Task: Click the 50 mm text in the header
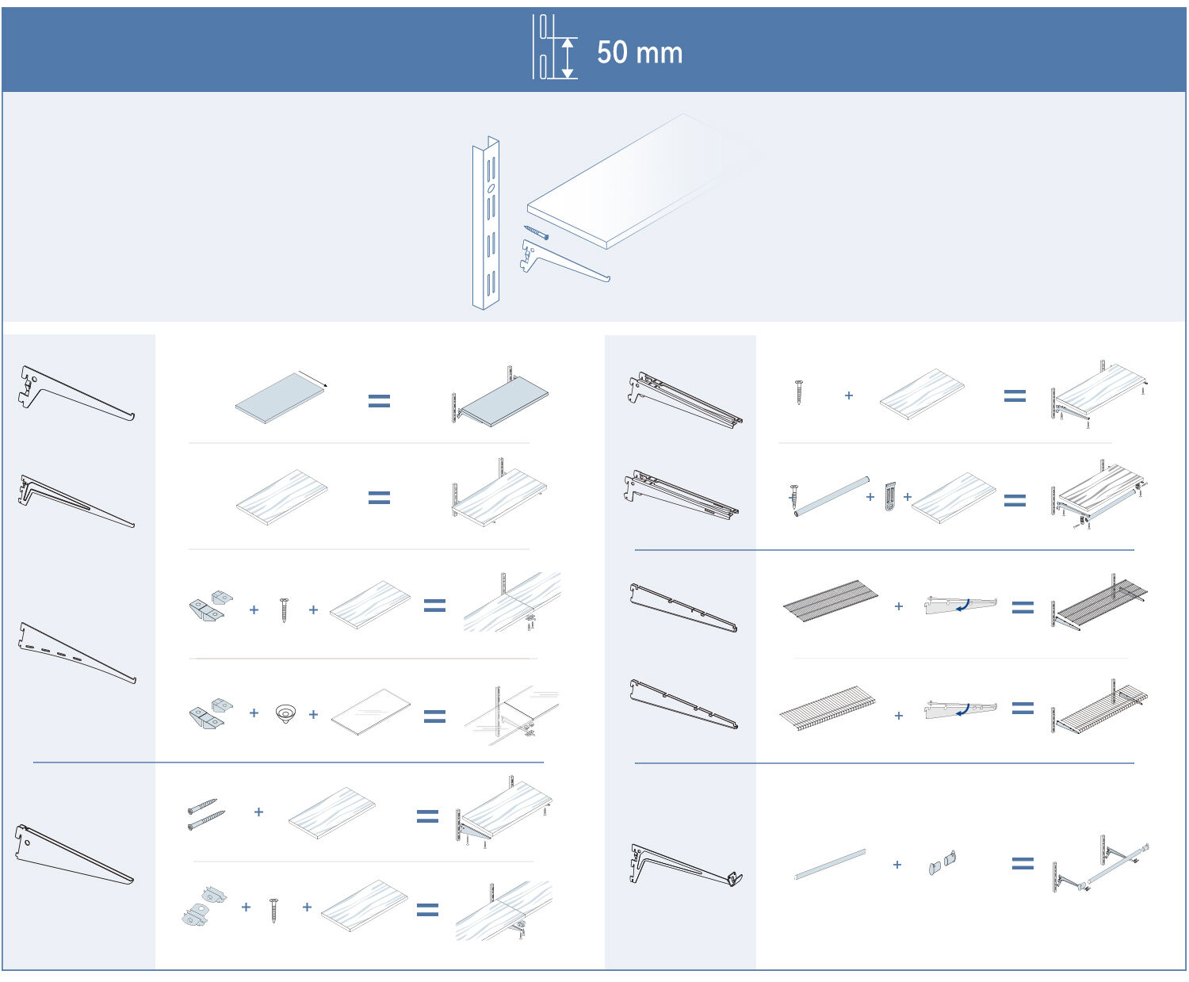[x=639, y=53]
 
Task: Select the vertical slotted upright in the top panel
[x=486, y=224]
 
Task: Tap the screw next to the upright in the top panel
[x=537, y=232]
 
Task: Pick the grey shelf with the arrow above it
[x=281, y=398]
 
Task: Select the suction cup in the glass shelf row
[x=285, y=713]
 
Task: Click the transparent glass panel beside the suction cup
[x=370, y=711]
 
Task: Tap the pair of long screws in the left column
[x=202, y=814]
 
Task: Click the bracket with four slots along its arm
[x=75, y=653]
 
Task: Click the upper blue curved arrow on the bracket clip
[x=963, y=606]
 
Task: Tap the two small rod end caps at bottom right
[x=942, y=862]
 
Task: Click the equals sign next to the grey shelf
[x=379, y=401]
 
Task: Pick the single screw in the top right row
[x=798, y=392]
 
